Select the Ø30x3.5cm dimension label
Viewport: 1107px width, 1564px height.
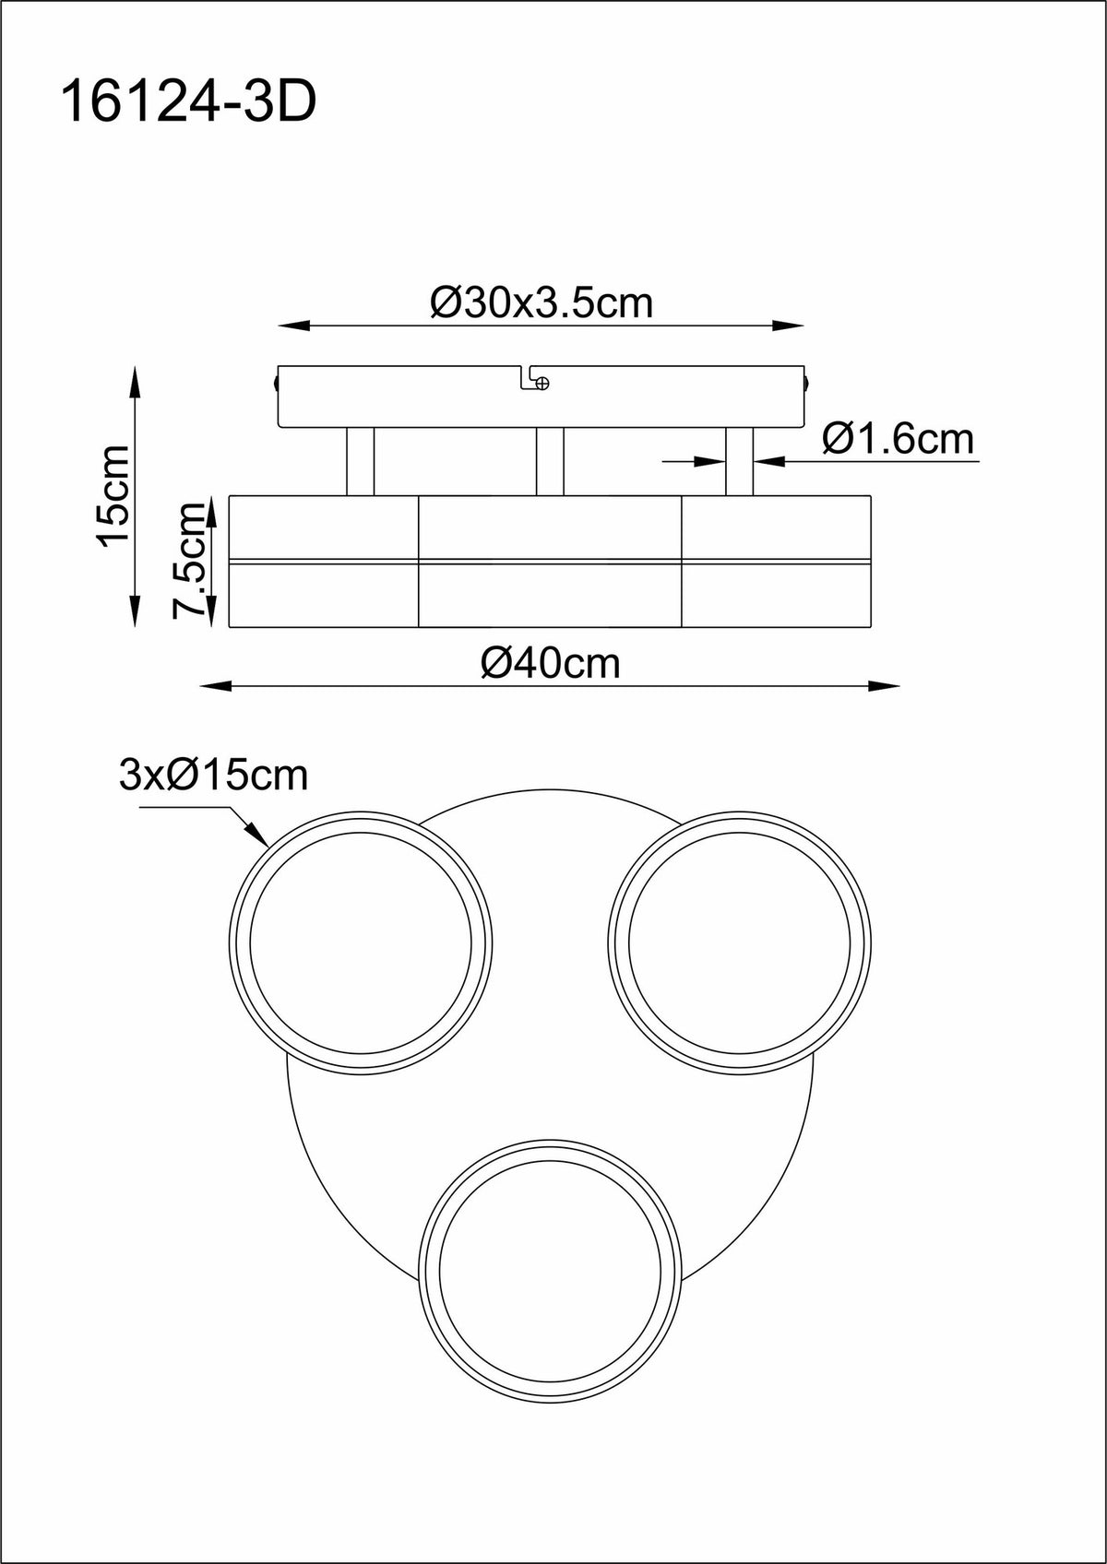point(542,303)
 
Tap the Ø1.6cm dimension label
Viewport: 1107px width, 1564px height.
point(899,439)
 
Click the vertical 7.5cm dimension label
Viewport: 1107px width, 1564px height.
point(191,560)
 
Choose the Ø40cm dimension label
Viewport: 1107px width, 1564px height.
point(551,663)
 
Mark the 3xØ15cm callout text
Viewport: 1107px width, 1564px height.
point(214,775)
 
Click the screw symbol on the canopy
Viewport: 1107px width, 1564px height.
point(542,382)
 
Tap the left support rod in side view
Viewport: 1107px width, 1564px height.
point(361,461)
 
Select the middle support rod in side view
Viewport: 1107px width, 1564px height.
point(550,461)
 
